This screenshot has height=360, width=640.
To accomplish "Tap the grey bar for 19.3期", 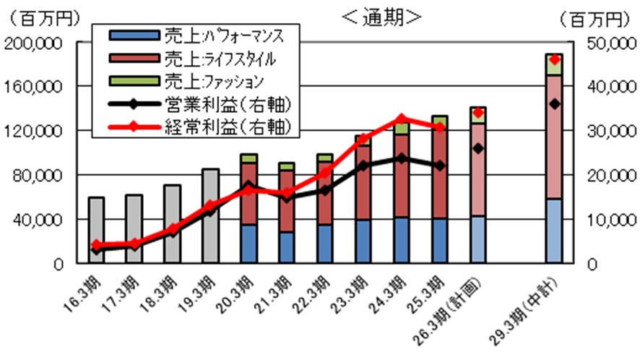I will [x=210, y=217].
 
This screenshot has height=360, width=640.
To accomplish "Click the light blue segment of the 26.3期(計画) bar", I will [x=477, y=239].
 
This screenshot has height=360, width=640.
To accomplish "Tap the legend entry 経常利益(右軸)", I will [x=198, y=127].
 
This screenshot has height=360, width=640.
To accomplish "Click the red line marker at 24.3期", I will [x=401, y=119].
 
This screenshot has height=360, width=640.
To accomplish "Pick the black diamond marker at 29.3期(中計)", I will [x=554, y=104].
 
